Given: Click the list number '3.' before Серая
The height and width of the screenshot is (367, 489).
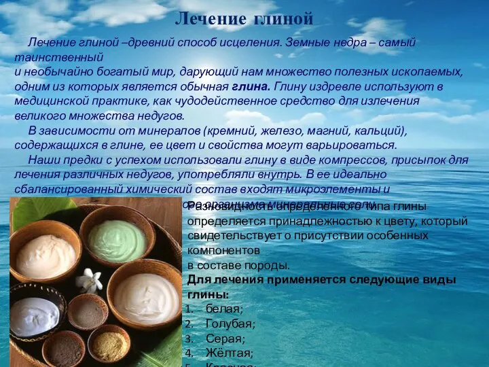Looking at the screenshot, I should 189,338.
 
